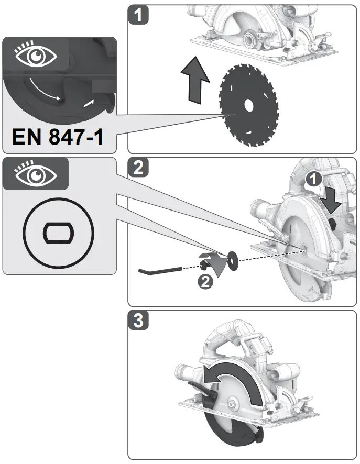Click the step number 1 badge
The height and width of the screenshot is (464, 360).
(x=138, y=15)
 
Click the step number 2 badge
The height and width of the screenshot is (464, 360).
(x=138, y=168)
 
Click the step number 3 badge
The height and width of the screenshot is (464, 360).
(x=138, y=321)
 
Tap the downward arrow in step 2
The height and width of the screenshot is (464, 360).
(x=332, y=200)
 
